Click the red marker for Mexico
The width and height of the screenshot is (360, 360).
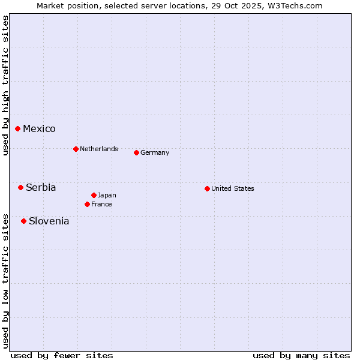point(17,128)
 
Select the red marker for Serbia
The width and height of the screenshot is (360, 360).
point(20,187)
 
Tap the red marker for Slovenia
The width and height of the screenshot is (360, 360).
point(23,221)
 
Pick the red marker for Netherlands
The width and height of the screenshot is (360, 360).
point(76,149)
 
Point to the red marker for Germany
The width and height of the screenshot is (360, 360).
point(136,152)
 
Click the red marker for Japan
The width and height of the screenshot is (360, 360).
point(94,195)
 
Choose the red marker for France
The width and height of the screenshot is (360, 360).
point(87,204)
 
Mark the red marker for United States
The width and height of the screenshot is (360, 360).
point(207,188)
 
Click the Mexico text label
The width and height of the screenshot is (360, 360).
point(39,128)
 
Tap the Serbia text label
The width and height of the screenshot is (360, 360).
point(41,187)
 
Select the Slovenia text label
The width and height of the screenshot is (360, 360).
point(49,221)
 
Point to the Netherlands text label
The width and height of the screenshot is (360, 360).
point(99,149)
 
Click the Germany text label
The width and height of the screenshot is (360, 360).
point(155,152)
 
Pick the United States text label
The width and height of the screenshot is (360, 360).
point(233,188)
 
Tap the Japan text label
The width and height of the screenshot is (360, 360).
point(107,195)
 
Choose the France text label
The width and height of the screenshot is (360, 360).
point(101,204)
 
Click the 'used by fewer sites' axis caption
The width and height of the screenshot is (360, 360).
point(61,355)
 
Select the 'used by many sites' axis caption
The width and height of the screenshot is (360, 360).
point(301,355)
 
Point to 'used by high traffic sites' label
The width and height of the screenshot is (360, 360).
point(5,85)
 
